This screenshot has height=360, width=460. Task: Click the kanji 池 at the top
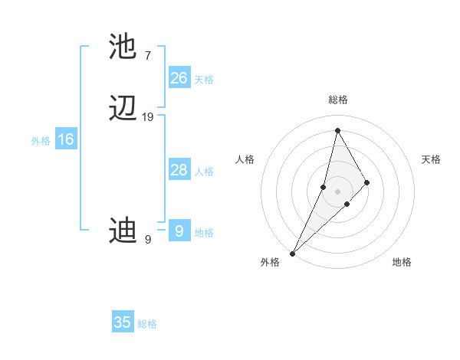point(123,47)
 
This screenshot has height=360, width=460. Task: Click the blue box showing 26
point(179,77)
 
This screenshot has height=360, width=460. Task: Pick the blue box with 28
point(179,170)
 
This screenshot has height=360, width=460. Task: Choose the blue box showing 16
point(66,139)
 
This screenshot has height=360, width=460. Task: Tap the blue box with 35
point(123,322)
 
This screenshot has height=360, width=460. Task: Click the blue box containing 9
point(179,231)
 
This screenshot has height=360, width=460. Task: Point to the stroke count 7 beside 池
point(147,55)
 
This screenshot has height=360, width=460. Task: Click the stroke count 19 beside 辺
point(147,117)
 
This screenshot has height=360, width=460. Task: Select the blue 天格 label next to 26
point(204,80)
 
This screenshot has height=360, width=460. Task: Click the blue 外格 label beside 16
point(41,141)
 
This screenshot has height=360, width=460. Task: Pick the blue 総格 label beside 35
point(147,325)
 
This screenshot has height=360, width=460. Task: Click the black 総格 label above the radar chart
point(338,100)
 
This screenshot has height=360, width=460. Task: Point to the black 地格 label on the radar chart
point(402,263)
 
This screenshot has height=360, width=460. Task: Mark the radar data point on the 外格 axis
point(292,253)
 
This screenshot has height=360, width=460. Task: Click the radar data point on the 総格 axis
point(337,130)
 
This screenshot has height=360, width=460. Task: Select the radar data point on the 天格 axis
point(367,182)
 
